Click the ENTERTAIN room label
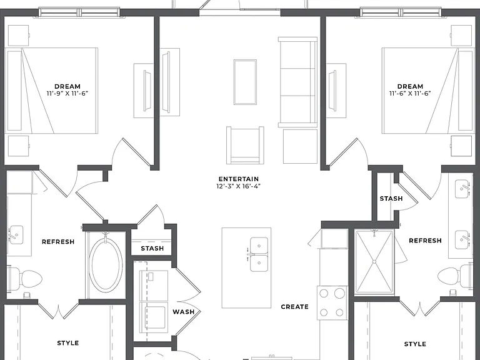coord(239,179)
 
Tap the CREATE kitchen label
coord(294,307)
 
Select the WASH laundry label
coord(183,312)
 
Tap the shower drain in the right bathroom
coord(374,262)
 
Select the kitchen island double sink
coord(259,254)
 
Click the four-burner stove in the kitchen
coord(332,302)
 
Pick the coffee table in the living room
coord(245,82)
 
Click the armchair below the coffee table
coord(245,145)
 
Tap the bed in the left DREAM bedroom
coord(51,91)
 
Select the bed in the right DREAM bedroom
coord(427,91)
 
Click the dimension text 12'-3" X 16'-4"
coord(239,186)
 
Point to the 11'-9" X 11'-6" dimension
coord(67,93)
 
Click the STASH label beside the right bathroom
coord(391,199)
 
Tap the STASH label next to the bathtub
coord(152,248)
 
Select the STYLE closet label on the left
coord(68,343)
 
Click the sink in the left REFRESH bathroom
coord(16,235)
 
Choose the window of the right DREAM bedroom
coord(401,12)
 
